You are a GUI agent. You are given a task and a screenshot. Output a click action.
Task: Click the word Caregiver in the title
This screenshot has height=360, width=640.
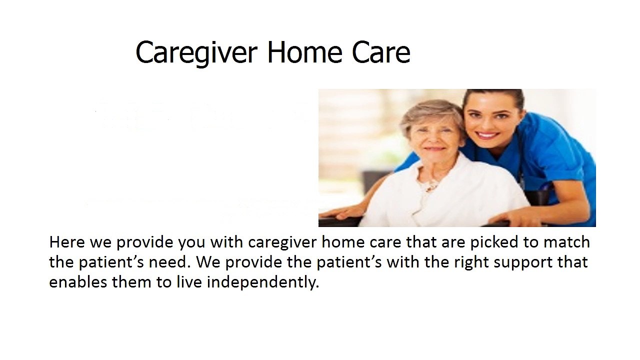pyautogui.click(x=196, y=53)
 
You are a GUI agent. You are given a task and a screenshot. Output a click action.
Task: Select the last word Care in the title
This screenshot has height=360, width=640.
pyautogui.click(x=381, y=52)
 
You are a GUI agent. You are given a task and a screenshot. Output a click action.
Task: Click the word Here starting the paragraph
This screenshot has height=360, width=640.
pyautogui.click(x=67, y=242)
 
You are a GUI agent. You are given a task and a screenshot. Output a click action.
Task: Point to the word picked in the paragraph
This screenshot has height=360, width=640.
pyautogui.click(x=494, y=243)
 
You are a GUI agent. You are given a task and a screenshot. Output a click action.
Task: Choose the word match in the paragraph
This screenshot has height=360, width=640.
pyautogui.click(x=566, y=242)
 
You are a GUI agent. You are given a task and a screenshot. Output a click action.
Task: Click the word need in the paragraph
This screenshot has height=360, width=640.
pyautogui.click(x=169, y=262)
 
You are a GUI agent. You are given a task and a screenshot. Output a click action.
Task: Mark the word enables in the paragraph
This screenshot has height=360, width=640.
pyautogui.click(x=78, y=282)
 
